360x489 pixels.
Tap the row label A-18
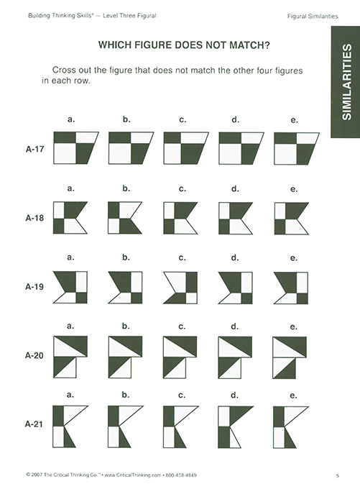pos(34,218)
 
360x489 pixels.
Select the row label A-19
pos(34,287)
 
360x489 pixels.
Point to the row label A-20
pos(34,355)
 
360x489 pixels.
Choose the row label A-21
pos(34,424)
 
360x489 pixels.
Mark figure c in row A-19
pos(180,287)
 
